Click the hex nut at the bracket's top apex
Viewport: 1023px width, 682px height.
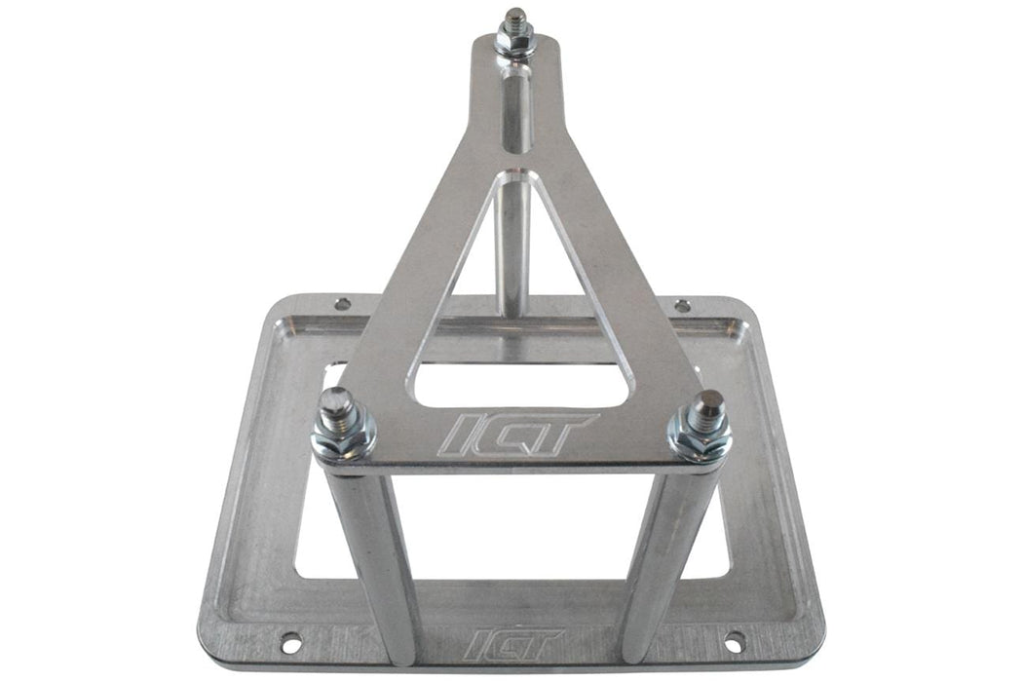513,42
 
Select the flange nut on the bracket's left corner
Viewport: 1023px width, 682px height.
344,438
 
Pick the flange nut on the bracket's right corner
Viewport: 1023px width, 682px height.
700,437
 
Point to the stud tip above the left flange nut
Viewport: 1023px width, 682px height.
336,401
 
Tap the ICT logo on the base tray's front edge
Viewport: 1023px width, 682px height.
513,643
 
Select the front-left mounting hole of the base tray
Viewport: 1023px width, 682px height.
289,643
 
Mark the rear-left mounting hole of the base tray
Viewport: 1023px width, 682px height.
342,304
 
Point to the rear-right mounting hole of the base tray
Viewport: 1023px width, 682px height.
682,306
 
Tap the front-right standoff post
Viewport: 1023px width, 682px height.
663,565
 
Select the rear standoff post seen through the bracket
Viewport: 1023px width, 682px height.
514,244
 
